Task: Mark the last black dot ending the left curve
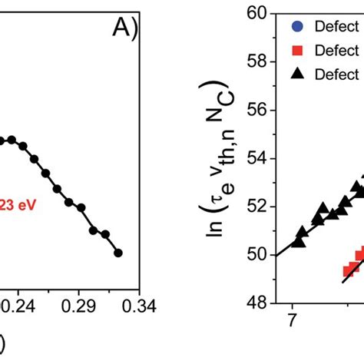click(117, 253)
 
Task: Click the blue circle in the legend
click(297, 26)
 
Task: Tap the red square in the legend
click(297, 50)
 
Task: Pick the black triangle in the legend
click(297, 74)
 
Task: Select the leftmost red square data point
click(347, 270)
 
